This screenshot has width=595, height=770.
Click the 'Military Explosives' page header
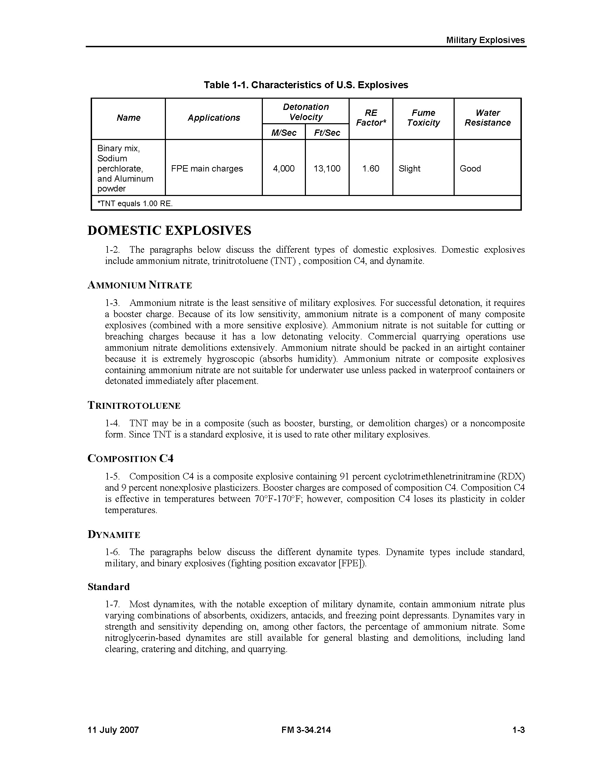tap(485, 40)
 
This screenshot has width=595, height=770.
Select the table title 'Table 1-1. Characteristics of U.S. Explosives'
tap(306, 85)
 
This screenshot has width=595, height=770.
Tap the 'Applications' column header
tap(213, 118)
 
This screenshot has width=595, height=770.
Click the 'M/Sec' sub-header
tap(283, 133)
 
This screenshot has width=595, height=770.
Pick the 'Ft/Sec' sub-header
tap(327, 133)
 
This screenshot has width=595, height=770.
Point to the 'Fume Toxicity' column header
tap(423, 118)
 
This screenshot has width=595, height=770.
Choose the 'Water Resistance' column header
tap(487, 118)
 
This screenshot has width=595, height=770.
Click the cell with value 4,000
tap(283, 169)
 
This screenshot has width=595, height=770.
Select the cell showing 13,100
tap(327, 169)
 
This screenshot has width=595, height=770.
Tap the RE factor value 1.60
tap(370, 169)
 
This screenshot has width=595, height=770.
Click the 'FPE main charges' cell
tap(207, 169)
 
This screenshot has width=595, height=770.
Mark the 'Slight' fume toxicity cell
tap(409, 169)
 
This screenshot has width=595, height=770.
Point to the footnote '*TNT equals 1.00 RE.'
tap(135, 203)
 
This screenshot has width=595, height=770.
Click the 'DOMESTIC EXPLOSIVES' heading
tap(169, 231)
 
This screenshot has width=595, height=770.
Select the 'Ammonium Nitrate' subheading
tap(140, 285)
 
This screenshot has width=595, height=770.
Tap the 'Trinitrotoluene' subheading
tap(134, 405)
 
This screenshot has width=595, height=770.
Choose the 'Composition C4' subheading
tap(131, 458)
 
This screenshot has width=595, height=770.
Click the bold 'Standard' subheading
tap(108, 587)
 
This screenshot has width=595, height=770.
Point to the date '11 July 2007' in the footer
tap(113, 730)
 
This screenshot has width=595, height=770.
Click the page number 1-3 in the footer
tap(518, 730)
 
